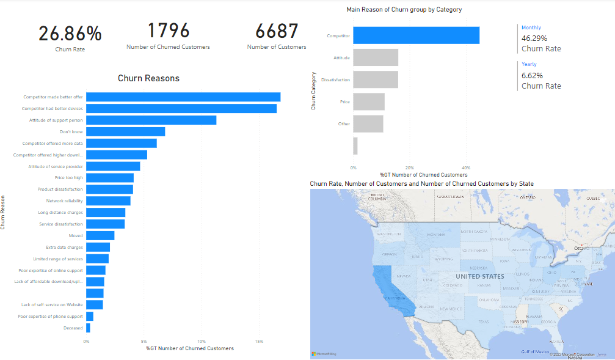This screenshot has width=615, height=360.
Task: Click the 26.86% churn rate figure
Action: [70, 34]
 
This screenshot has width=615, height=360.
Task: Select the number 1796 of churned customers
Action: [168, 30]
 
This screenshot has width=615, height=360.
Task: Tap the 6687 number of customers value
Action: [277, 31]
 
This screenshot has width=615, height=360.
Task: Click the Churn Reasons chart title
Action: [148, 78]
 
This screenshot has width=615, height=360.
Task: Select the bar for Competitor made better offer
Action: [183, 97]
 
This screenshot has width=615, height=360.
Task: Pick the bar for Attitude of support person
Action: [151, 120]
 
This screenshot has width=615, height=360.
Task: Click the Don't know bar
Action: [125, 131]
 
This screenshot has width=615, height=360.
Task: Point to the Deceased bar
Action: [88, 328]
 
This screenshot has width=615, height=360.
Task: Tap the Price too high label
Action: [68, 178]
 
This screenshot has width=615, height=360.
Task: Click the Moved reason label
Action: [76, 235]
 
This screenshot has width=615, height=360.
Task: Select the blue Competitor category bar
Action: [416, 35]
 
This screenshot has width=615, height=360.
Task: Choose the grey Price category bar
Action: [369, 101]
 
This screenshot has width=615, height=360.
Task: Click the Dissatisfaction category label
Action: [335, 80]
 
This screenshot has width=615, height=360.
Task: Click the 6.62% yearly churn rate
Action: [530, 76]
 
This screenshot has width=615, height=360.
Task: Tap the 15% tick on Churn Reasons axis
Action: [259, 341]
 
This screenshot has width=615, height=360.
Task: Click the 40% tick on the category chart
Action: [466, 167]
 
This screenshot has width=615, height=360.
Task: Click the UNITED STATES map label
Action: [480, 276]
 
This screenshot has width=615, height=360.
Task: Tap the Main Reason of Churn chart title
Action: [404, 10]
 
